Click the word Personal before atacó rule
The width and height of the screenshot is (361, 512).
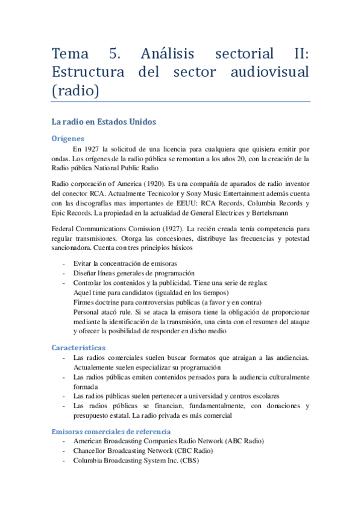pyautogui.click(x=87, y=312)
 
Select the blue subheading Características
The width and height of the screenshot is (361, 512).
pyautogui.click(x=78, y=348)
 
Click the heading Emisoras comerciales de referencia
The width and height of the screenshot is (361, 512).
pyautogui.click(x=111, y=432)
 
